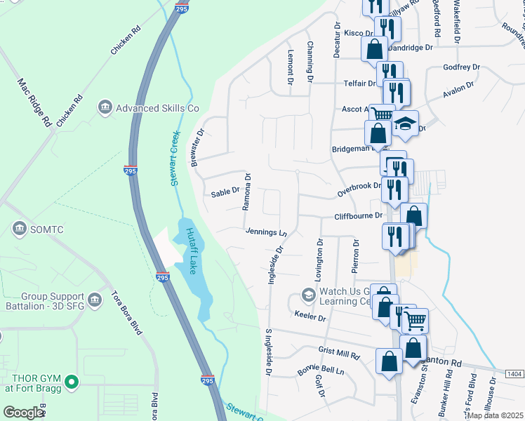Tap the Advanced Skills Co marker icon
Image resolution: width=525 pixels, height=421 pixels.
(x=105, y=107)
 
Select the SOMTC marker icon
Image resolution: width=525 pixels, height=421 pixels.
(x=19, y=229)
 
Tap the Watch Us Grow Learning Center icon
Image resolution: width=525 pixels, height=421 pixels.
(x=307, y=294)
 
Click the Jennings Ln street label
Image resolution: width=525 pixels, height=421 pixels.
(x=266, y=232)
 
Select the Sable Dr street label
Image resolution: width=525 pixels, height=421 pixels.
(x=226, y=191)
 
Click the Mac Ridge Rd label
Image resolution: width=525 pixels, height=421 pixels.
(x=36, y=102)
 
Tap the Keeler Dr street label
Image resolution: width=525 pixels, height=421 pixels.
(x=310, y=317)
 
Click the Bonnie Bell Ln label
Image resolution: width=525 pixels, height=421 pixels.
(x=322, y=370)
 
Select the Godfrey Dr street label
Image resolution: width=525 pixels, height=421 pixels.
(x=461, y=67)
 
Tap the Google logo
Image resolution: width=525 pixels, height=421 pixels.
(x=22, y=413)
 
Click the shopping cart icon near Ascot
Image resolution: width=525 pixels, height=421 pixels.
(x=382, y=114)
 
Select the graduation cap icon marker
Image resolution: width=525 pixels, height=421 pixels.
(x=404, y=124)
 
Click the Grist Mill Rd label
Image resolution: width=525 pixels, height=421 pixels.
(x=338, y=353)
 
